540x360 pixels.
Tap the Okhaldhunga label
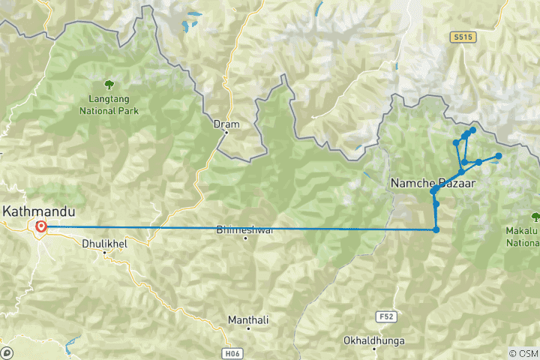373,340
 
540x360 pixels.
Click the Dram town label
226,124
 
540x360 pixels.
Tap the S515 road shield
463,35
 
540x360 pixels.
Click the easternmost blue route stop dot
499,156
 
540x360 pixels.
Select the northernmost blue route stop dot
472,130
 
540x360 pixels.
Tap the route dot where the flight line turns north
436,229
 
